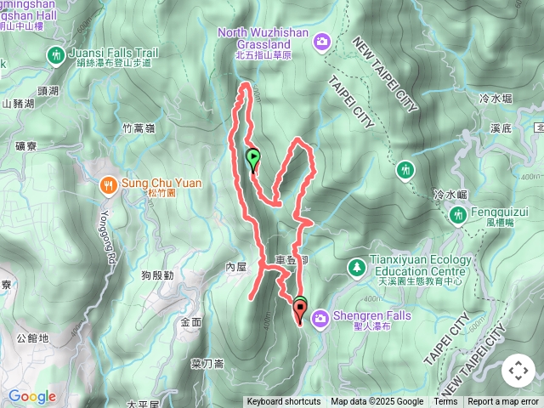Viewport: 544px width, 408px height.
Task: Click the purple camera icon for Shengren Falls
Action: [x=320, y=319]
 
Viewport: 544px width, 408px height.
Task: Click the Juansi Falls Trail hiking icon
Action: [x=55, y=55]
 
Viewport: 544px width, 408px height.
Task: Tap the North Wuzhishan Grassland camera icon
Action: [x=321, y=40]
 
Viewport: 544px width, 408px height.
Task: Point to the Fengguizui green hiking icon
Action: [x=457, y=216]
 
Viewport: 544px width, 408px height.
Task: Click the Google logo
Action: [x=31, y=396]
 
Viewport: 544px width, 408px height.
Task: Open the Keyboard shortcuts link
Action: [x=284, y=402]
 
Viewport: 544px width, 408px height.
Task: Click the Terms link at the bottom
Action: [x=445, y=402]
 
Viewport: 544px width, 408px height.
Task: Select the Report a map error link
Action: [x=503, y=402]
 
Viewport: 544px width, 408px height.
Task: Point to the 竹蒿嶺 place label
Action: [x=138, y=128]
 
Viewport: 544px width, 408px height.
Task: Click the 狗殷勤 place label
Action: [x=157, y=275]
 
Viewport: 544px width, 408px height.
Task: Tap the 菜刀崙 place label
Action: [x=207, y=364]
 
